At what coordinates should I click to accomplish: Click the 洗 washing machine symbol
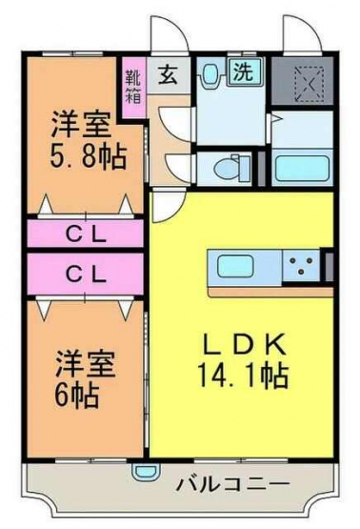(x=244, y=71)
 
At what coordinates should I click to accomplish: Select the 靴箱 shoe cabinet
(x=134, y=88)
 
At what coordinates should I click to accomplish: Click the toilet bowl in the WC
(x=228, y=168)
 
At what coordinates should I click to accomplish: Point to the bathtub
(x=302, y=168)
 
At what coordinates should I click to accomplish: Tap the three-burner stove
(x=301, y=266)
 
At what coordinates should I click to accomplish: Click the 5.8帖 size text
(x=89, y=157)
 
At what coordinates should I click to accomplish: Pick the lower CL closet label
(x=86, y=274)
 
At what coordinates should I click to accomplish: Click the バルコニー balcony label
(x=233, y=485)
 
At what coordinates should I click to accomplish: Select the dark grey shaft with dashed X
(x=302, y=81)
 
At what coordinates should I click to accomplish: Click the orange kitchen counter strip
(x=270, y=293)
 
